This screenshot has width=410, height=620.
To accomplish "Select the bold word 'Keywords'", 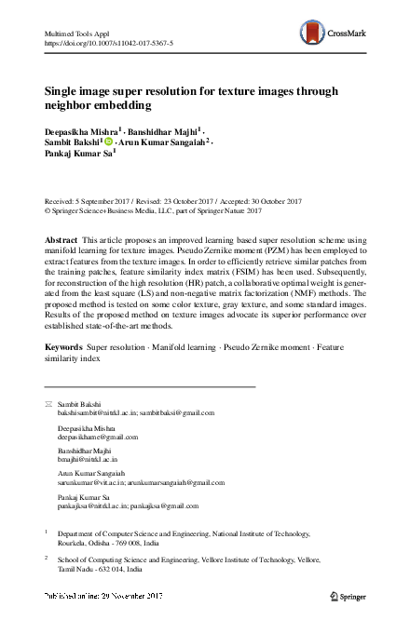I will tap(63, 346).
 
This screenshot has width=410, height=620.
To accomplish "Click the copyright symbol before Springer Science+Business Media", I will tap(48, 211).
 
